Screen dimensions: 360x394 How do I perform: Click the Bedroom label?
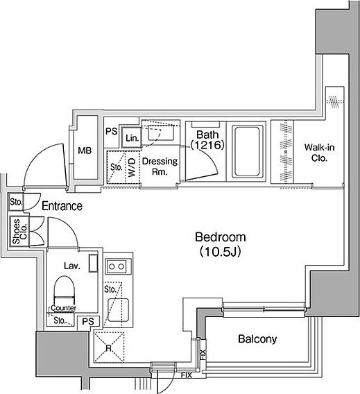tap(221, 237)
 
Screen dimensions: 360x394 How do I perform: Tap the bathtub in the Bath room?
tap(247, 151)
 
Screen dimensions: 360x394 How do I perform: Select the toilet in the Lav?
tap(65, 290)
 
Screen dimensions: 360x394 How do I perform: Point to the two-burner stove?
tap(116, 266)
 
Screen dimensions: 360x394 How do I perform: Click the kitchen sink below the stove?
tap(119, 309)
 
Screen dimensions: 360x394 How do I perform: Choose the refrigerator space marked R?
tap(109, 347)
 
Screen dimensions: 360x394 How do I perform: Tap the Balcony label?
tap(257, 339)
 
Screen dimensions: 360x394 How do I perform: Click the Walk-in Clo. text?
tap(319, 153)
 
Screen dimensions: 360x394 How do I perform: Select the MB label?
tap(85, 151)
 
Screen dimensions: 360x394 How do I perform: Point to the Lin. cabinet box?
tap(131, 137)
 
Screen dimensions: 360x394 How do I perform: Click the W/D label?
tap(132, 167)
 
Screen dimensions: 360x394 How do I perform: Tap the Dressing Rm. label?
tap(160, 166)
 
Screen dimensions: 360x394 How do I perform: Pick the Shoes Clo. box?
tap(19, 231)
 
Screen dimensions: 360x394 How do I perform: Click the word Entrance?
tap(62, 206)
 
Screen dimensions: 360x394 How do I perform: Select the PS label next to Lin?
tap(111, 131)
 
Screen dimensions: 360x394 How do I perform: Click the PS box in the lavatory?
tap(88, 321)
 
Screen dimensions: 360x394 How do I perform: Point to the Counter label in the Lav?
tap(63, 308)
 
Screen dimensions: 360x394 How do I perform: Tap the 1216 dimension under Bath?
tap(207, 145)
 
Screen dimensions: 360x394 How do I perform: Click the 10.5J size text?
tap(221, 252)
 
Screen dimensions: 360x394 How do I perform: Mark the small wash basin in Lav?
tap(93, 263)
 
